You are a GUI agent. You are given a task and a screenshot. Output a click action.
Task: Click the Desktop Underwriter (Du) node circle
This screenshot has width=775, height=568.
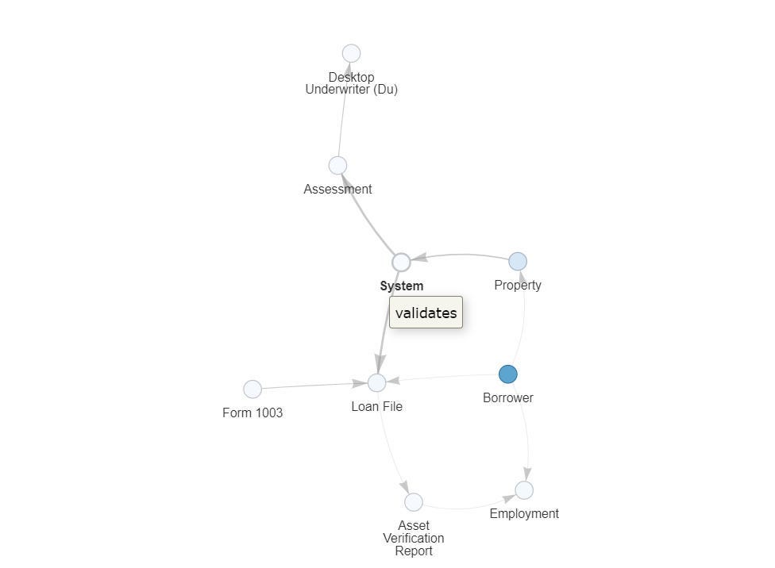[351, 53]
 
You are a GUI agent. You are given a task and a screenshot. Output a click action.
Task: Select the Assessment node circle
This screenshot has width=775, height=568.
[337, 165]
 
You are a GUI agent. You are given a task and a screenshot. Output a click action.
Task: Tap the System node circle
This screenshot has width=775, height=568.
[401, 262]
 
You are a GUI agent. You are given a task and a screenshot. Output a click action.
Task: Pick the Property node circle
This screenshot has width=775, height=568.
[517, 261]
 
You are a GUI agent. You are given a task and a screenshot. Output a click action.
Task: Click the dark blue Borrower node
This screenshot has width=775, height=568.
[507, 374]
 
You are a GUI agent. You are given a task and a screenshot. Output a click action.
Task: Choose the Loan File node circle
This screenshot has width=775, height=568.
[376, 382]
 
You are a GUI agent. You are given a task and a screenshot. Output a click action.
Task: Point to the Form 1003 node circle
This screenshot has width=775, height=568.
[252, 389]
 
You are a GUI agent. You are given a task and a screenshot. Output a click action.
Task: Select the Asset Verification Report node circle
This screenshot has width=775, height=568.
[413, 501]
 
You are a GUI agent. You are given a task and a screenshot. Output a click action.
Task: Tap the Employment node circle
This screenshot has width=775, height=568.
[524, 489]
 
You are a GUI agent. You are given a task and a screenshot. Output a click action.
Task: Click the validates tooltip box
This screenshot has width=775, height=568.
[426, 313]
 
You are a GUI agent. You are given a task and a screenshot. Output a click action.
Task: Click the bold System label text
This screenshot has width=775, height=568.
[401, 286]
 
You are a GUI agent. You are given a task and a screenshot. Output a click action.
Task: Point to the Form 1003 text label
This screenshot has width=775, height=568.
[253, 413]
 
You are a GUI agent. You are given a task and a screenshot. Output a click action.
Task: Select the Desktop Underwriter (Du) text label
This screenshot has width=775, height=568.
[351, 83]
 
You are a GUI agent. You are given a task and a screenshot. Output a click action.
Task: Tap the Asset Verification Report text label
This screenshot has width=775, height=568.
[413, 538]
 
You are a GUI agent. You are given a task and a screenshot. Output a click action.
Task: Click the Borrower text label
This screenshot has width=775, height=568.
[507, 397]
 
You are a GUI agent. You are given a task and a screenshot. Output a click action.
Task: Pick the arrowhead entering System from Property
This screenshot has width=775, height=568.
[418, 258]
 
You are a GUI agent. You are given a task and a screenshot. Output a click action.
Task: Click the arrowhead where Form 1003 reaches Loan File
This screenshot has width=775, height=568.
[359, 384]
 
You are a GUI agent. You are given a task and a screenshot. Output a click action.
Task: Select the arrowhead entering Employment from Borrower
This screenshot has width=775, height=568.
[526, 474]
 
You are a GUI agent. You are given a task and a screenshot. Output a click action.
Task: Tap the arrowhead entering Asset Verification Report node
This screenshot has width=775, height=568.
[405, 487]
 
